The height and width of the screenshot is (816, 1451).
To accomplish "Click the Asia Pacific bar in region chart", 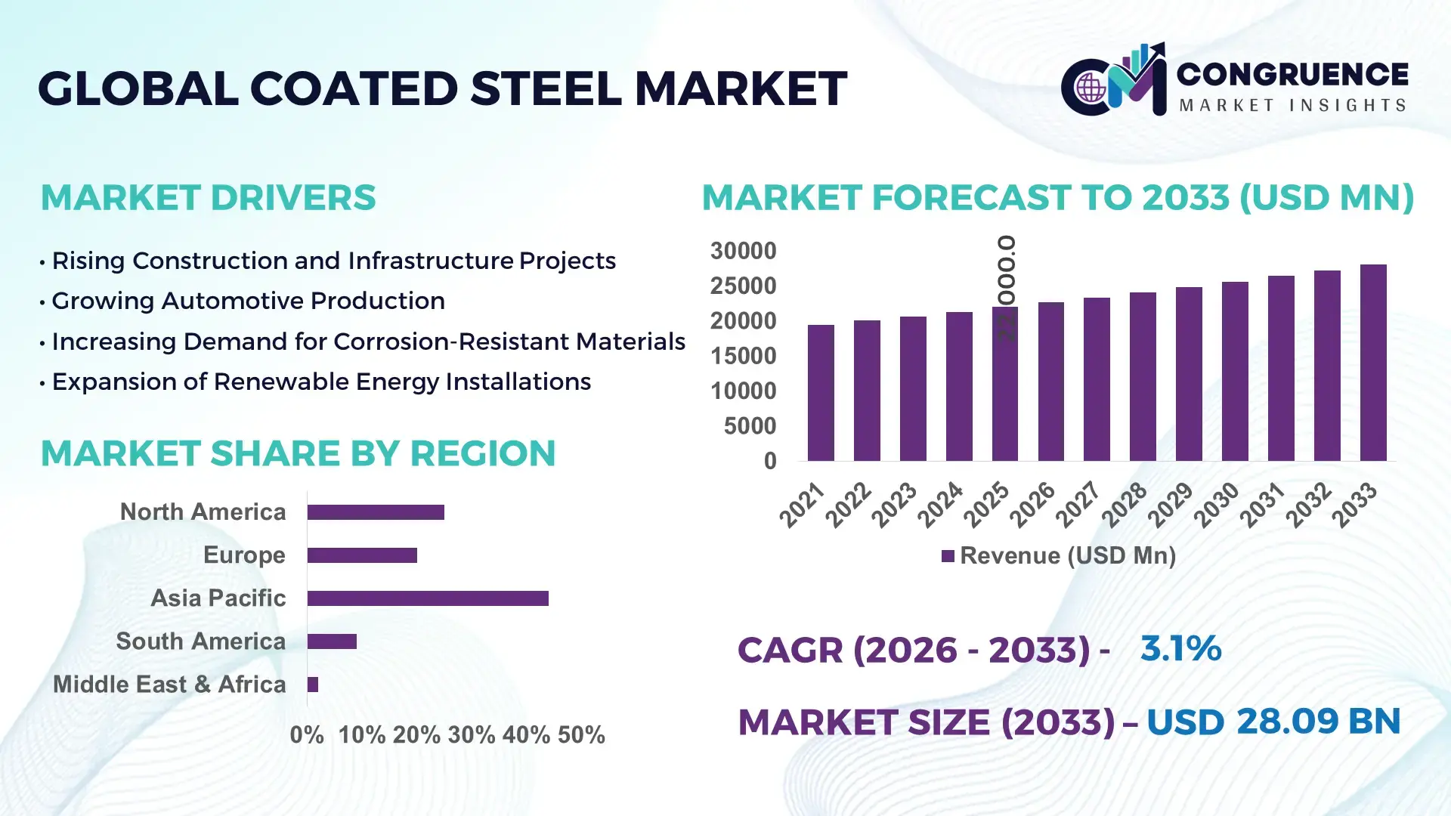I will point(428,598).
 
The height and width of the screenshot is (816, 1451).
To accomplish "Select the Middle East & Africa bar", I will point(313,685).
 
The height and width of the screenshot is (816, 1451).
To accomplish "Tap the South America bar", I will point(332,641).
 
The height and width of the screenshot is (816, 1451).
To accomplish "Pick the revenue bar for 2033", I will point(1373,363).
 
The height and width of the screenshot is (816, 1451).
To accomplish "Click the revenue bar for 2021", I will point(821,393).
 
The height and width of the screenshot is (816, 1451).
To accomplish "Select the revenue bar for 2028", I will point(1143,376).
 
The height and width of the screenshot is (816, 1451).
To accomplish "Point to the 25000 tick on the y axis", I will point(743,286).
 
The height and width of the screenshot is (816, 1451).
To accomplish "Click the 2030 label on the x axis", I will point(1217,505).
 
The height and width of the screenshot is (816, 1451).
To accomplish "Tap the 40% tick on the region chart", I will point(526,735).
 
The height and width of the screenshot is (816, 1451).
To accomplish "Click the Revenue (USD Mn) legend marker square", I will point(948,556).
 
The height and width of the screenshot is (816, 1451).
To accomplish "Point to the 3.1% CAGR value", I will point(1180,648).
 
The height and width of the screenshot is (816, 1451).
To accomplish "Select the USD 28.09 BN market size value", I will point(1273,721).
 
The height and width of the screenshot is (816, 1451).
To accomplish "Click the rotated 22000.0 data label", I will point(1006,287).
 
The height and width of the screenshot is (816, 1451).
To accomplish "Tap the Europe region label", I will point(244,555).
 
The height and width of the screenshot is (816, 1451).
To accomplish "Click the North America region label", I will point(203,512).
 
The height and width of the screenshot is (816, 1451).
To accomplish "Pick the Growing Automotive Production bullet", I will point(248,301).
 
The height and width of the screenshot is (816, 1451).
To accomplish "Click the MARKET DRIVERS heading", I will point(208,198).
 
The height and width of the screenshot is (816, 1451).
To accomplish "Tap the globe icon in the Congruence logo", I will point(1091,88).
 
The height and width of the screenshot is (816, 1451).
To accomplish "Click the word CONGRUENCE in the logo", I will point(1292,74).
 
